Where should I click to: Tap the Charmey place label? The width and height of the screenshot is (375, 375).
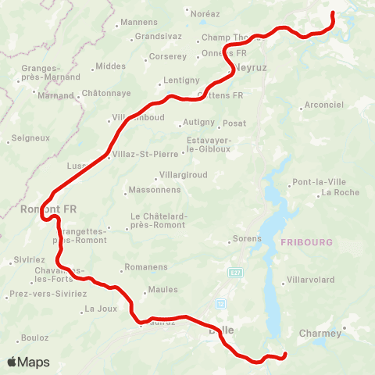[x=320, y=334]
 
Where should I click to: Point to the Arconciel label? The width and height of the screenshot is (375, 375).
[x=323, y=105]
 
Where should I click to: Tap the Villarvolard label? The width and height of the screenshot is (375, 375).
[x=311, y=279]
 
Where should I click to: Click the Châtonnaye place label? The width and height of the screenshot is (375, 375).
[x=108, y=92]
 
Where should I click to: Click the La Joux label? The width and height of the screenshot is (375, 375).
[x=100, y=309]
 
